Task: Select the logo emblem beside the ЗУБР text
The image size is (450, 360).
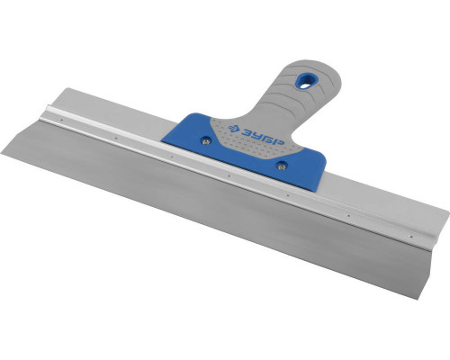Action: tap(233, 128)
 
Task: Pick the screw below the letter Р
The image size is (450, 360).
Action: tap(281, 166)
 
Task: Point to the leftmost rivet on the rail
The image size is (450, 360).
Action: tap(61, 120)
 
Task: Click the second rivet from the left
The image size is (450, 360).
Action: tap(117, 139)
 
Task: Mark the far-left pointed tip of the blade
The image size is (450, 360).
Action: tap(2, 153)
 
